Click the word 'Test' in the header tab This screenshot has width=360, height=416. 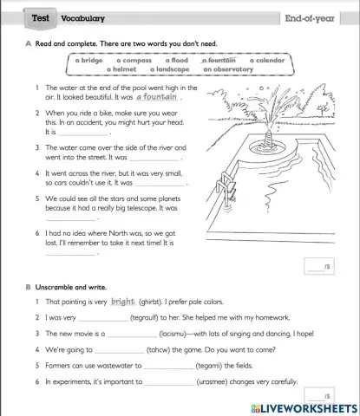point(40,17)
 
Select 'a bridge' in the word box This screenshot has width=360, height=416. point(89,61)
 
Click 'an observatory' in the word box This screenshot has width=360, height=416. point(228,69)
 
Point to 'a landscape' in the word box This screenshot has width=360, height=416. point(169,69)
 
